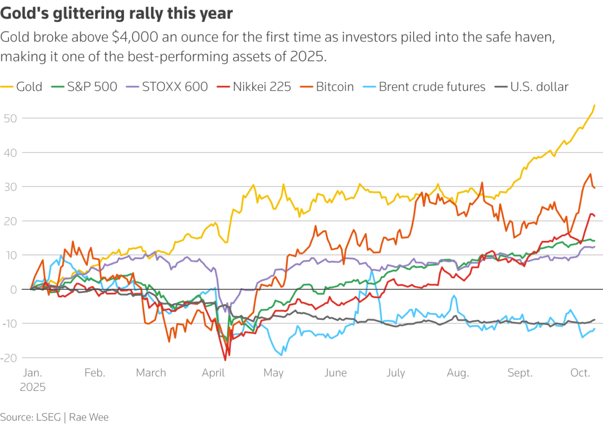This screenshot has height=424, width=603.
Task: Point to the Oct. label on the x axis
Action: (580, 373)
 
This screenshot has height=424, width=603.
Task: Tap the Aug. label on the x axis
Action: (458, 373)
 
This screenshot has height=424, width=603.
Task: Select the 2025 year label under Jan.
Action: (33, 387)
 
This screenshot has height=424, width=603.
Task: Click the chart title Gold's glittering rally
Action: (117, 14)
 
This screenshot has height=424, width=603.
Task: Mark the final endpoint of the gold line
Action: (594, 105)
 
